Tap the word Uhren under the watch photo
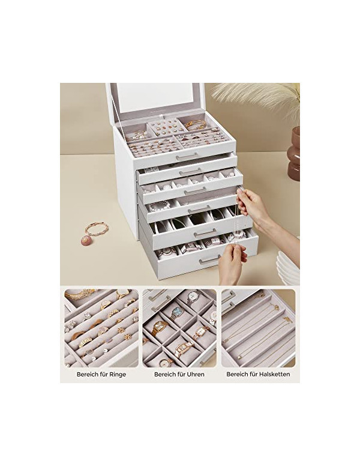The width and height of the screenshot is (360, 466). [194, 374]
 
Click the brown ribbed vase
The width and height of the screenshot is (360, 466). [293, 153]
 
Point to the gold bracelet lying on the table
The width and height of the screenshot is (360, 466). [96, 229]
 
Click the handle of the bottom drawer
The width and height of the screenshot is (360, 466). [209, 261]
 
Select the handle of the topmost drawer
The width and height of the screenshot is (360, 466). [187, 156]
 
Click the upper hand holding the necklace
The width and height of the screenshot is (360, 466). [254, 204]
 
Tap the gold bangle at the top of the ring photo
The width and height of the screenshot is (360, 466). [79, 294]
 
